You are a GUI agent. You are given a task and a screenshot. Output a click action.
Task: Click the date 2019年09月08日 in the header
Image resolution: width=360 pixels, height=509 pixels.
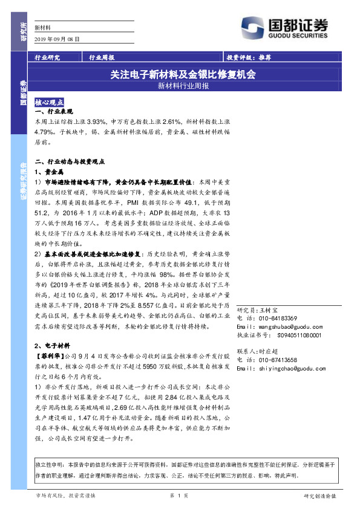(57, 38)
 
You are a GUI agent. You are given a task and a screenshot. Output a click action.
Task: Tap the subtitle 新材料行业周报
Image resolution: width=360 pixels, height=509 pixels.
(183, 86)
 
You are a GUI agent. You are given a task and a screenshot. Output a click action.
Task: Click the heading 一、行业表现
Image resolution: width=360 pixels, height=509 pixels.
(54, 113)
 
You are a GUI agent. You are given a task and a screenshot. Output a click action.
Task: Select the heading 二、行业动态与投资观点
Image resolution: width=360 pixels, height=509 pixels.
(70, 162)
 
